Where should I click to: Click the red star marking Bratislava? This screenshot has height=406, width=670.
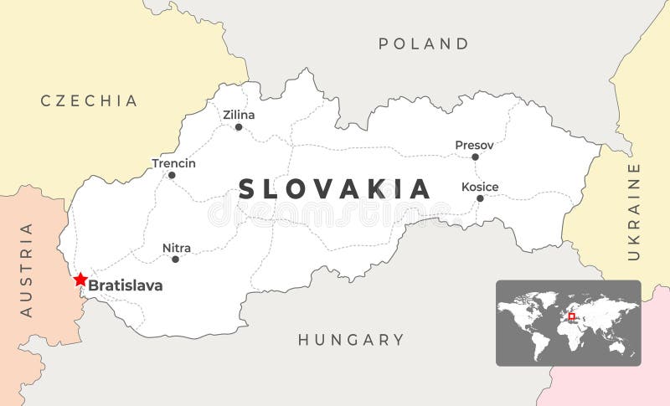(x=80, y=280)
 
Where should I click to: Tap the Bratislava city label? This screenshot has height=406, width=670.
(x=126, y=285)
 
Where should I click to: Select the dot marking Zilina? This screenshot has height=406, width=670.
(x=239, y=127)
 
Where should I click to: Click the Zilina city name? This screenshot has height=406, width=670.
(x=239, y=115)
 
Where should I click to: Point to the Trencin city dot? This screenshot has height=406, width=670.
(x=172, y=175)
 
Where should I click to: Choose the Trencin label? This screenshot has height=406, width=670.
(x=173, y=163)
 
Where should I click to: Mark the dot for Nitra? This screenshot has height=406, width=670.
(x=175, y=260)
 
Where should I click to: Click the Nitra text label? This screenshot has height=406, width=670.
(x=177, y=248)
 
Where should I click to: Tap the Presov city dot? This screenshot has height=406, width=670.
(x=475, y=157)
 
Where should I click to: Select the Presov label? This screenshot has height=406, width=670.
(x=474, y=145)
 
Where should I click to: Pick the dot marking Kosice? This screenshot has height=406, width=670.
(x=480, y=198)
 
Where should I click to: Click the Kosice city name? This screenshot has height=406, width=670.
(x=480, y=187)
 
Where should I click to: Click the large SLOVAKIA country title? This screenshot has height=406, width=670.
(x=335, y=188)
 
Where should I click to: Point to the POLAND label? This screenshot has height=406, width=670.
(x=424, y=44)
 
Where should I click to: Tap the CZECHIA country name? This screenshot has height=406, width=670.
(x=90, y=100)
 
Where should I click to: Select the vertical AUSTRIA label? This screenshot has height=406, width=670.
(x=26, y=269)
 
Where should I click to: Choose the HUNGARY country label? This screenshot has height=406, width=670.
(x=351, y=340)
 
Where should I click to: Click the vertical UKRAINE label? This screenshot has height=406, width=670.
(x=634, y=211)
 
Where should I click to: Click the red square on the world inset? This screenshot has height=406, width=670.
(x=572, y=316)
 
